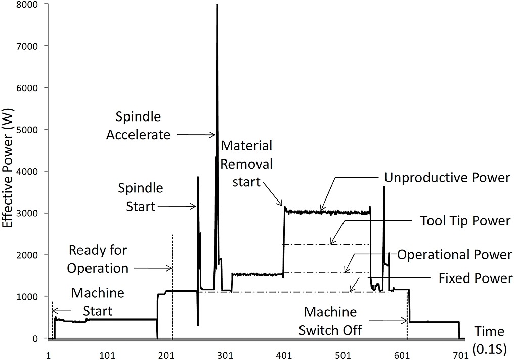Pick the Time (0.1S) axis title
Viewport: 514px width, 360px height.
coord(489,340)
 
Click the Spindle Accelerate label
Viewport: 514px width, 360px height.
coord(138,126)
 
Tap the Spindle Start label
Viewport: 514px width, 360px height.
coord(141,197)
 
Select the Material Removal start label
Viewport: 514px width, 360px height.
coord(246,164)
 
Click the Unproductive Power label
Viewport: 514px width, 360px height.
coord(447,178)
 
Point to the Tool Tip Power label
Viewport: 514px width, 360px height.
coord(465,221)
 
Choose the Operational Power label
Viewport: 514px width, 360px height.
coord(455,255)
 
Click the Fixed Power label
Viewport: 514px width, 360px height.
coord(476,278)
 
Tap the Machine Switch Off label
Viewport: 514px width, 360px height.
coord(330,321)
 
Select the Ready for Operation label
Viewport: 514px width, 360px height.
coord(98,259)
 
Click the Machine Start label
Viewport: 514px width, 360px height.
coord(98,302)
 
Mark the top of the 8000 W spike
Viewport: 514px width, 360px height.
coord(217,4)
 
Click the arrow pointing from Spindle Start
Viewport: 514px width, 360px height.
coord(177,207)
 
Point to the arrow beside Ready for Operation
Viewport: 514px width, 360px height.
coord(153,268)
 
